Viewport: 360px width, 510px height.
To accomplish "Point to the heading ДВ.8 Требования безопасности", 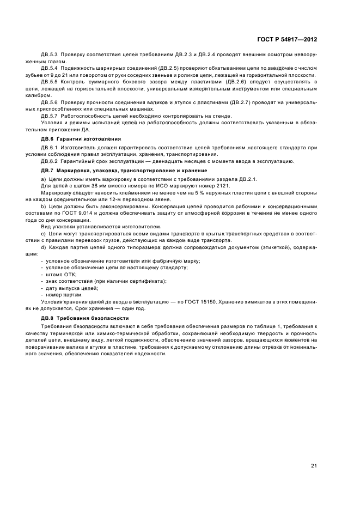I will [76, 317].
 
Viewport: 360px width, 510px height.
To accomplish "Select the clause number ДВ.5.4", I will [50, 68].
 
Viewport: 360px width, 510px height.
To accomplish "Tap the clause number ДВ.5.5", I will [50, 81].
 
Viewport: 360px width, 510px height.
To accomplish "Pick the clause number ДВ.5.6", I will [50, 102].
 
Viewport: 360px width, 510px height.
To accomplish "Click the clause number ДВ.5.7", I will [50, 116].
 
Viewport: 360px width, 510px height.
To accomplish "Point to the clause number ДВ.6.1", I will [50, 147].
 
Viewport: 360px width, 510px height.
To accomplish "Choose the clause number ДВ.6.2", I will [50, 160].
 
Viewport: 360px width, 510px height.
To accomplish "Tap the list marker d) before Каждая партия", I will [44, 247].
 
